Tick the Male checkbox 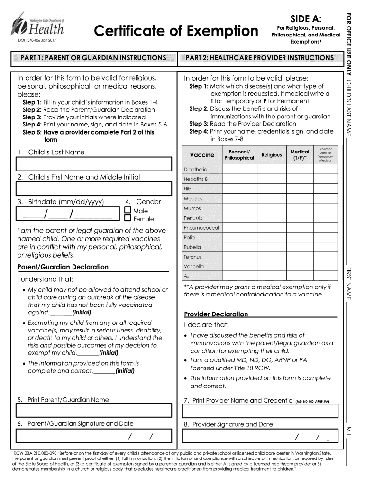(x=128, y=210)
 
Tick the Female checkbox (x=128, y=219)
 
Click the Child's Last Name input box (x=93, y=164)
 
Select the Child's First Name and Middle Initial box (x=93, y=189)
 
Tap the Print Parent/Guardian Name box (x=93, y=411)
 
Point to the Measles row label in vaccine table (x=193, y=199)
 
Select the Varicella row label (x=194, y=267)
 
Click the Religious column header (x=272, y=155)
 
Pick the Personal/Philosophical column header (x=239, y=155)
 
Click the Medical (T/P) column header (x=300, y=155)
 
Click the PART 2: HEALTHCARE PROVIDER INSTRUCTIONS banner (x=259, y=58)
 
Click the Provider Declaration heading (x=216, y=314)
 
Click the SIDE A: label (x=306, y=19)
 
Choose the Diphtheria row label (x=195, y=170)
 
